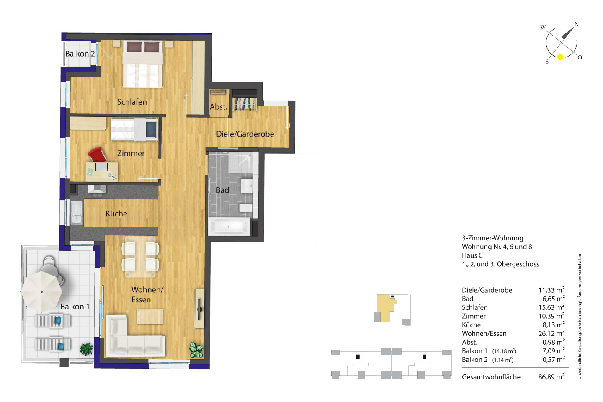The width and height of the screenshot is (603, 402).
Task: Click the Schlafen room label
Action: coord(132,102)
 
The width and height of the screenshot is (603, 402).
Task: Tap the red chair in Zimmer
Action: coord(97,155)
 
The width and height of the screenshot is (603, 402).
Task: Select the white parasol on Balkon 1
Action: coord(41,291)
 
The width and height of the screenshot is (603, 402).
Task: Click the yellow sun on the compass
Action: coord(560,57)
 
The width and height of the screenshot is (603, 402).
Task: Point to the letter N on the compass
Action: coord(576,24)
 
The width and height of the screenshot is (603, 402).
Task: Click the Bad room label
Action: coord(222,190)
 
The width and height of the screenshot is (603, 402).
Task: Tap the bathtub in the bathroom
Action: coord(229,227)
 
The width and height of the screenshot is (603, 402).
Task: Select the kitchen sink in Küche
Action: coord(77,213)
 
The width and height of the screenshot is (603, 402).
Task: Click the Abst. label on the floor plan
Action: coord(219,107)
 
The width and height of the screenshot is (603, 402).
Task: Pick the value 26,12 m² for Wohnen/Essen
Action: coord(551,333)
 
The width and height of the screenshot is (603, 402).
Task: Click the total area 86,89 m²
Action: coord(551,377)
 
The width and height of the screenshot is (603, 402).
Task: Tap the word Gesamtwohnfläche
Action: coord(491,377)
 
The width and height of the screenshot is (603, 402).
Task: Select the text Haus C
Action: coord(472,255)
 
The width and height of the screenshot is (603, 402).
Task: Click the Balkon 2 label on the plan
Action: coord(80,54)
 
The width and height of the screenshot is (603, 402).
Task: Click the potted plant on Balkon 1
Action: coord(86,349)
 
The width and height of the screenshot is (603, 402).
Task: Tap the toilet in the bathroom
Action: coord(245,208)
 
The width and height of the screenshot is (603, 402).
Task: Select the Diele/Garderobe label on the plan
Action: coord(245,134)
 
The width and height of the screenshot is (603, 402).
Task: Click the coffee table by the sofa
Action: coord(150,317)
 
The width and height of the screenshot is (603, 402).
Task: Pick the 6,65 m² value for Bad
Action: coord(554,299)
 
